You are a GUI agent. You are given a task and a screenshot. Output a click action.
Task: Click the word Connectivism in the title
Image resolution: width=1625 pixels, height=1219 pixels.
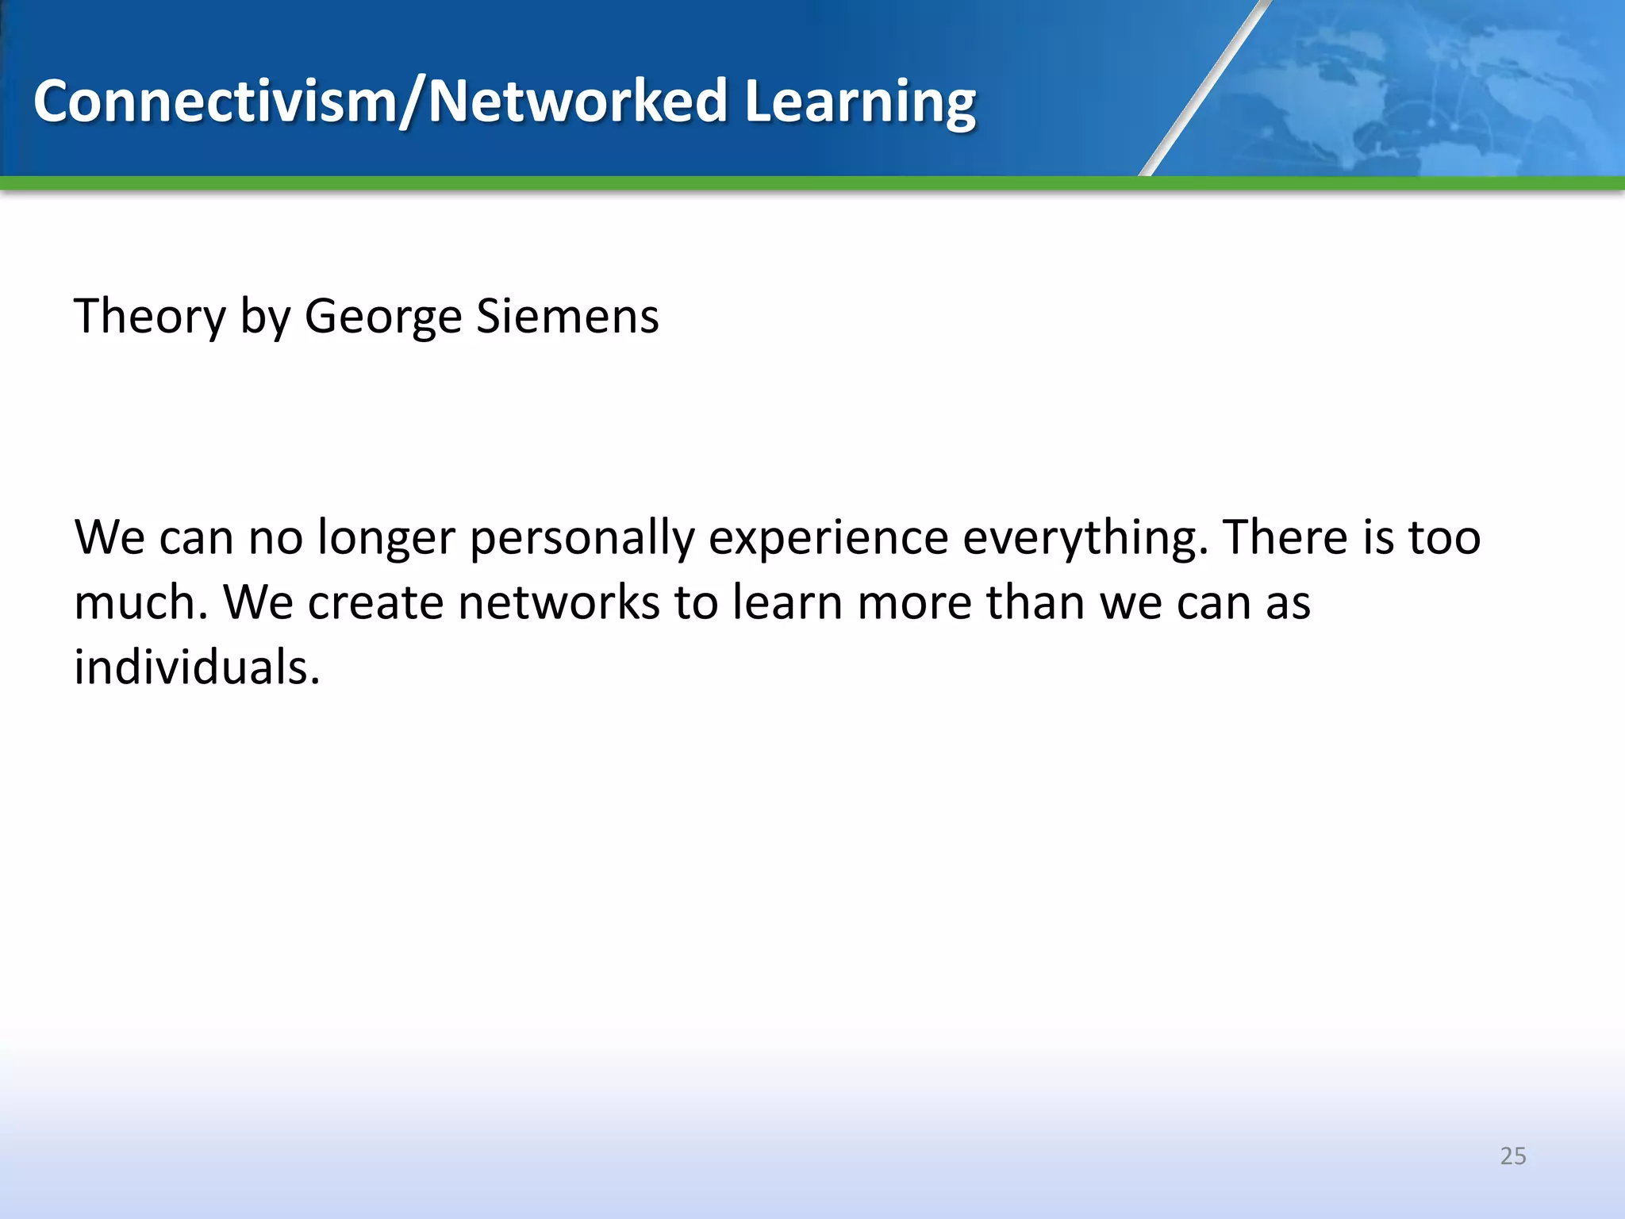point(214,102)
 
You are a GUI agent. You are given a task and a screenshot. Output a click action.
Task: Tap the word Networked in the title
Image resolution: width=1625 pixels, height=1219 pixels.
point(578,102)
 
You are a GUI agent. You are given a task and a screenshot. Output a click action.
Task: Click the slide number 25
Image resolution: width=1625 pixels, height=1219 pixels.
point(1512,1156)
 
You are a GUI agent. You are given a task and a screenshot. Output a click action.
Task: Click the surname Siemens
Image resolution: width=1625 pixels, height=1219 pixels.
point(567,316)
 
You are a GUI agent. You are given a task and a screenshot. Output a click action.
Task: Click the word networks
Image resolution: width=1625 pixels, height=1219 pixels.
point(559,602)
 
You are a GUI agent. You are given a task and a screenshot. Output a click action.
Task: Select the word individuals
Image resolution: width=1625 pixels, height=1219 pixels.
point(197,667)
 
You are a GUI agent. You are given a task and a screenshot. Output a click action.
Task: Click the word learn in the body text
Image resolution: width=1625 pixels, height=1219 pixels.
point(786,602)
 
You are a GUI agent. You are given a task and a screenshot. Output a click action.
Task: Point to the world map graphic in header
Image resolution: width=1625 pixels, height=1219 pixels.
point(1428,87)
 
